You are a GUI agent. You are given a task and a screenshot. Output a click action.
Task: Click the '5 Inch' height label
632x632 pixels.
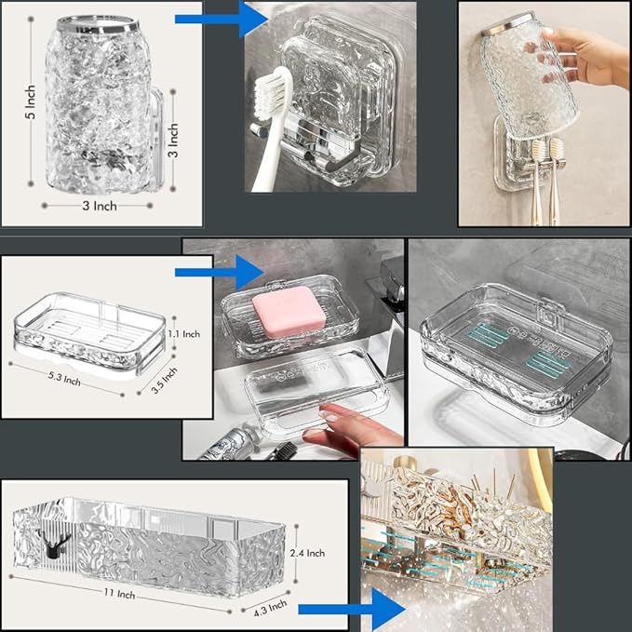pos(31,102)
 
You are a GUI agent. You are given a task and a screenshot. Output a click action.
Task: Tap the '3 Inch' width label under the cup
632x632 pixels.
pos(100,206)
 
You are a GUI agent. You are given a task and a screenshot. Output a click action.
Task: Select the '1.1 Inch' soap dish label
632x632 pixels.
pos(183,334)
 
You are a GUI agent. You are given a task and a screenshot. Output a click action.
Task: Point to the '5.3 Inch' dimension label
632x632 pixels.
pos(64,379)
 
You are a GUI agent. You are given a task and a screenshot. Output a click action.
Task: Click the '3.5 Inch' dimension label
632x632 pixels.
pos(164,380)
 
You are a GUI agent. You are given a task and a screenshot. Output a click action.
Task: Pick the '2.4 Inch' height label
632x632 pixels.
pos(307,553)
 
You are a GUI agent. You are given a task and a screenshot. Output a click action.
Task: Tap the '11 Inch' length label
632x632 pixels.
pos(119,593)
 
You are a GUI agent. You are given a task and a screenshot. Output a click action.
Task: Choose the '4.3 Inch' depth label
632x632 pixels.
pos(271,608)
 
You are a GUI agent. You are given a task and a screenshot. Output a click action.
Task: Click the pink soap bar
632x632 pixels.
pos(289,312)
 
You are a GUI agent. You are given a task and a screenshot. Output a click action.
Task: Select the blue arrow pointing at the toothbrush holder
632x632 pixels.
pos(222,19)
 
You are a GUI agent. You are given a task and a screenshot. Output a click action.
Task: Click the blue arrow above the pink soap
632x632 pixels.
pos(220,272)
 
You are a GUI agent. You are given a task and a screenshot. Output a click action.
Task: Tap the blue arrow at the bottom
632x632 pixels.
pos(352,609)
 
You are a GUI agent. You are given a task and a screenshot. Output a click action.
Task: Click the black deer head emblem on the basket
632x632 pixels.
pos(54,543)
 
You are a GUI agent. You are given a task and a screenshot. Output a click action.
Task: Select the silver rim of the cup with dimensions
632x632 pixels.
pos(98,24)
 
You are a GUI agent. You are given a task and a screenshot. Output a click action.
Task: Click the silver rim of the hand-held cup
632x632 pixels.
pos(508,24)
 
